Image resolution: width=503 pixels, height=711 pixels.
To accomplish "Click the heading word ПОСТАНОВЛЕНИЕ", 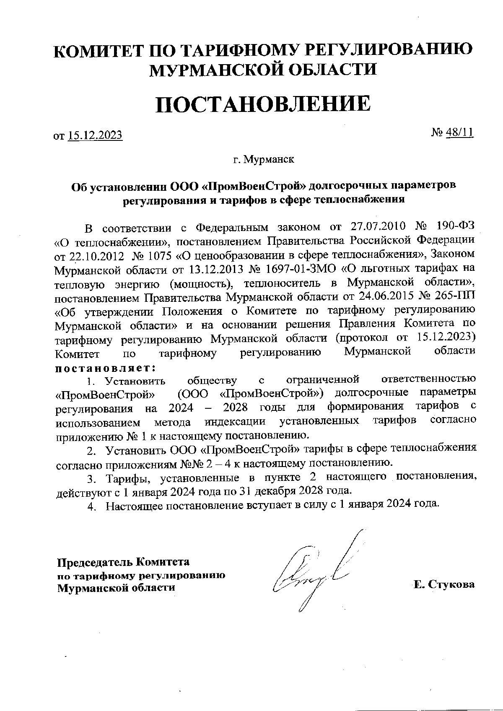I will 263,104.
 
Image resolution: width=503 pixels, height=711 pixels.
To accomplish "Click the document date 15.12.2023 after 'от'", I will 95,135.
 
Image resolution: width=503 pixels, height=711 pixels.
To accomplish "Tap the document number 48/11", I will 460,132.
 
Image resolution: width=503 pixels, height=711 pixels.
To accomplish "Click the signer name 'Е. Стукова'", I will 444,584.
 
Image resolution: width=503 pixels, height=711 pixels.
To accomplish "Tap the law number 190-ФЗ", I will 456,227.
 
